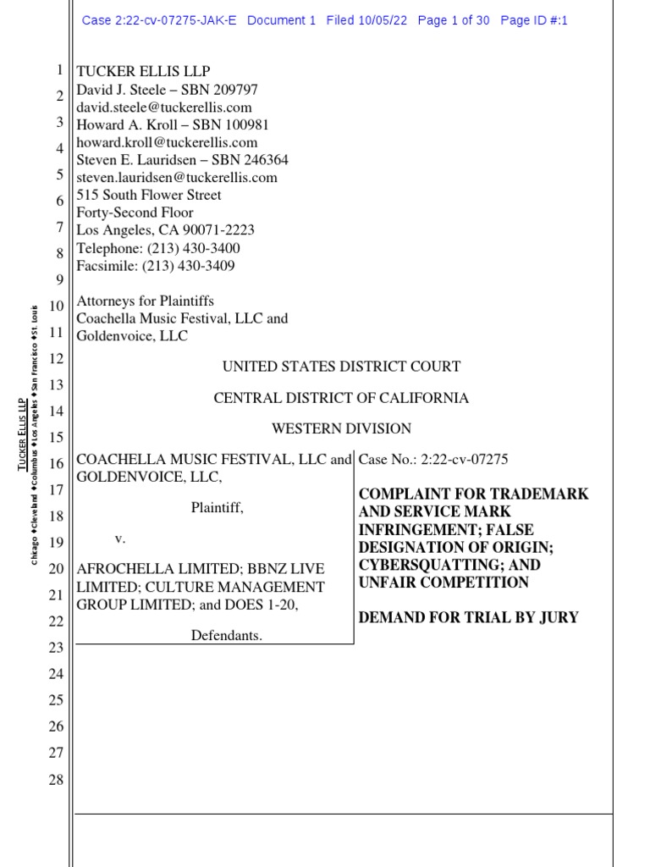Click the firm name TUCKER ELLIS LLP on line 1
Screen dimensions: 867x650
(143, 72)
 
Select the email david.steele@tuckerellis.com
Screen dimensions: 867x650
(164, 108)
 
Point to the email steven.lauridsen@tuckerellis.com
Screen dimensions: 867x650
(177, 178)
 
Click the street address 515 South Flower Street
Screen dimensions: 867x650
(149, 195)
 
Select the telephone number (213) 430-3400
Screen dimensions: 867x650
(193, 248)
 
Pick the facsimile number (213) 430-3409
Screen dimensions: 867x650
(190, 266)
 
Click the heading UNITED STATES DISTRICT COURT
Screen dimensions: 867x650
(341, 367)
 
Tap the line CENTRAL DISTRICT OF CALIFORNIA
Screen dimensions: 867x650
(341, 398)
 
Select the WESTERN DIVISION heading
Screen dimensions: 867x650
(341, 428)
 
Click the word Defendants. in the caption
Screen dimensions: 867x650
(226, 635)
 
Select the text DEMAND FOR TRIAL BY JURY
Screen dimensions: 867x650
(469, 617)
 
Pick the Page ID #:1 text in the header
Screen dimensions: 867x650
(533, 20)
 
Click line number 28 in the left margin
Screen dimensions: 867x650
(56, 779)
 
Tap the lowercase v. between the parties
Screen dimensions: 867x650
(120, 538)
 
